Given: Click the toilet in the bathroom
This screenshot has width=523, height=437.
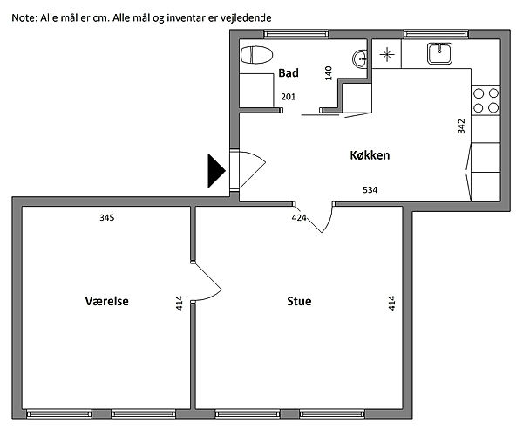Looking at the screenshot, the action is click(x=256, y=55).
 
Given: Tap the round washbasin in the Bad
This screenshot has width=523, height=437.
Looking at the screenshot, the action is click(x=360, y=59).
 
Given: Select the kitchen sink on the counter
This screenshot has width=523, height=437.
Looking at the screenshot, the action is click(x=439, y=53).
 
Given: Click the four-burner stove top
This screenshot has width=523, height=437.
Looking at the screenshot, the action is click(x=486, y=100).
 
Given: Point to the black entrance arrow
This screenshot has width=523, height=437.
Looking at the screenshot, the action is click(x=216, y=171).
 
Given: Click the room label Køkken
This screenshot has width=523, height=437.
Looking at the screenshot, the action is click(x=370, y=155).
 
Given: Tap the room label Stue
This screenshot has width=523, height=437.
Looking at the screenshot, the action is click(x=299, y=301).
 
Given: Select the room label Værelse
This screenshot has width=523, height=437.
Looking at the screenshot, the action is click(x=106, y=301).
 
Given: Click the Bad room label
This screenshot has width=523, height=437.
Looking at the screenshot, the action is click(x=289, y=72).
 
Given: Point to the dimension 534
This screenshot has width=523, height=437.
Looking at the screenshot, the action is click(x=370, y=190).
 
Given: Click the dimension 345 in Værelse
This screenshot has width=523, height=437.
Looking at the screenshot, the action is click(x=106, y=218).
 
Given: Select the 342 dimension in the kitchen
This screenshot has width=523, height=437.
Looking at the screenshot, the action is click(x=461, y=126).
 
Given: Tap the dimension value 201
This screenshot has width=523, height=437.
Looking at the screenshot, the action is click(x=289, y=97).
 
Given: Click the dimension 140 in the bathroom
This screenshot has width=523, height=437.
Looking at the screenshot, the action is click(x=329, y=73).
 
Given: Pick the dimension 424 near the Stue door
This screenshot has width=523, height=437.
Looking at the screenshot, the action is click(x=299, y=218).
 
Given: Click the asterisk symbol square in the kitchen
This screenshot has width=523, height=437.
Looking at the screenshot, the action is click(x=387, y=54).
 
